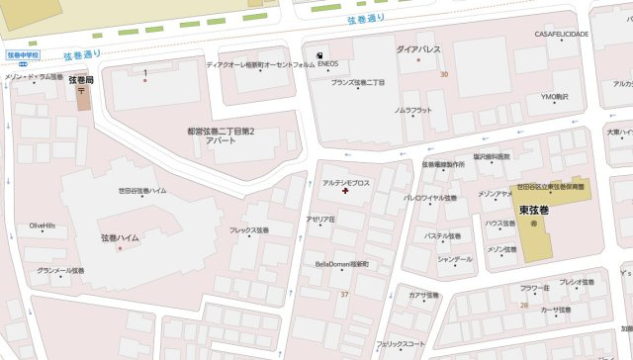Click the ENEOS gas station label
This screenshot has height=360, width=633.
click(x=328, y=65)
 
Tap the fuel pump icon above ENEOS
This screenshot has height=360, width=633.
click(x=319, y=54)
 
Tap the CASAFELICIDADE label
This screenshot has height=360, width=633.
click(x=562, y=34)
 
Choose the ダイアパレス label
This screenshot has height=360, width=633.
click(x=418, y=47)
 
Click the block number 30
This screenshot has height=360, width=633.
click(x=444, y=74)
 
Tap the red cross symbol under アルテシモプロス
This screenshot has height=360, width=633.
click(x=345, y=192)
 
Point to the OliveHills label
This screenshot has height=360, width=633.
click(x=42, y=226)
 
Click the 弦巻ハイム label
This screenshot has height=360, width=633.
click(x=120, y=238)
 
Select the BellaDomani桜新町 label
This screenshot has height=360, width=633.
click(x=341, y=264)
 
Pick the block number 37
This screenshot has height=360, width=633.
click(x=344, y=295)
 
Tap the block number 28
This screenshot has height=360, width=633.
click(x=523, y=305)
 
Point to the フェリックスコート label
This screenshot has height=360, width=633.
click(x=401, y=344)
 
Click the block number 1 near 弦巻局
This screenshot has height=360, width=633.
click(x=145, y=72)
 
